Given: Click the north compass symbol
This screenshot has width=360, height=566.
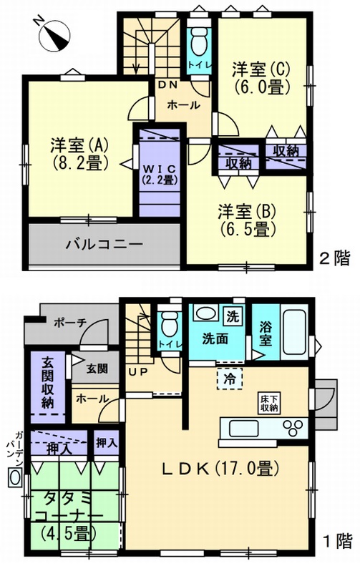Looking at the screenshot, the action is [x=54, y=35].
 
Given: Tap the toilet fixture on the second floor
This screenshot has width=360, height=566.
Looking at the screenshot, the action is [x=198, y=42].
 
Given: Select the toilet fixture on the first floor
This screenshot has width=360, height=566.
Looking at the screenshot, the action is [x=170, y=325].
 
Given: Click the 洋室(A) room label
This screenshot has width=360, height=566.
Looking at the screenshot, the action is [x=79, y=154].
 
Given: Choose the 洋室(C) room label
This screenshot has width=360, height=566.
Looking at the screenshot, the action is [x=261, y=78].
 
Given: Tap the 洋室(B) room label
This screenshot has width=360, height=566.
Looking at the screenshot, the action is [x=247, y=220].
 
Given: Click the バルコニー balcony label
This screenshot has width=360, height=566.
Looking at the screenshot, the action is [x=104, y=245].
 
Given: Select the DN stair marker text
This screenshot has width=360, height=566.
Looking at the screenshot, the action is [x=168, y=85].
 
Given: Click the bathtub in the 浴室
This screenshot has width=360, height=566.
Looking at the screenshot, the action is [x=295, y=332].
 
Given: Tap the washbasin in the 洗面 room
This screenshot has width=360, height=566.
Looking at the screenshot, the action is [x=205, y=313].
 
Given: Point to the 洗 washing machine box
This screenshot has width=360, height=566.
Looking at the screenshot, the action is [x=233, y=316].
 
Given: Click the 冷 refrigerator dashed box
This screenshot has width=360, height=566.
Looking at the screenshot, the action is [x=230, y=379].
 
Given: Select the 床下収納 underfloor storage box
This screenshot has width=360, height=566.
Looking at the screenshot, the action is [x=270, y=403].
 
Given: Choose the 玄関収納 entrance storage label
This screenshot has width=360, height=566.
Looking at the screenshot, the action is [x=48, y=384].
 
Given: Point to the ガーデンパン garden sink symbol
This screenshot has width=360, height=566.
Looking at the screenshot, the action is [x=15, y=477].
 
